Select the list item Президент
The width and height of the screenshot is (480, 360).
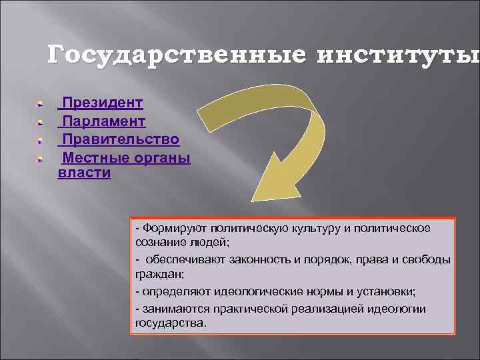pyautogui.click(x=102, y=103)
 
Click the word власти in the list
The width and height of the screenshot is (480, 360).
pyautogui.click(x=84, y=173)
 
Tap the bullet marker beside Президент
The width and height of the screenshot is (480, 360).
pyautogui.click(x=40, y=104)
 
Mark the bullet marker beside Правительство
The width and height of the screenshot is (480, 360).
pyautogui.click(x=40, y=141)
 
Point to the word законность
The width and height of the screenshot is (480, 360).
pyautogui.click(x=257, y=259)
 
